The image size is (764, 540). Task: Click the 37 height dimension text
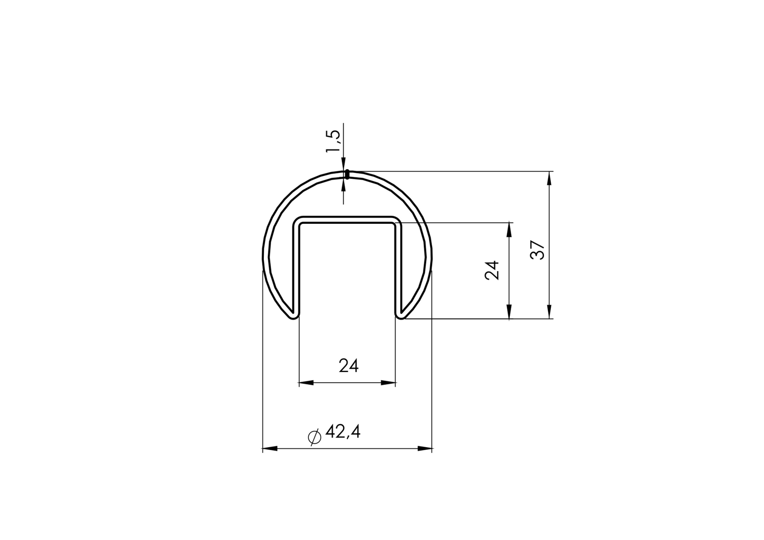pos(538,250)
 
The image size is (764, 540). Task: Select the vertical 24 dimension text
pos(492,270)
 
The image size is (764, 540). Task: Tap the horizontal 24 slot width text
pos(349,366)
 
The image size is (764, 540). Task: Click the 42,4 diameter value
pos(343,432)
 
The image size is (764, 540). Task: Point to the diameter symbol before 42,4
pos(314,437)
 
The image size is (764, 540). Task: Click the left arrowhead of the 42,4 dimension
pos(270,449)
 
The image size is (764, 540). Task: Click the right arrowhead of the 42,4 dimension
pos(425,449)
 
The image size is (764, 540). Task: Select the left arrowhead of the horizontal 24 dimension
pos(306,383)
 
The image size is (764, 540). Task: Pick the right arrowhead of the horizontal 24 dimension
pos(388,383)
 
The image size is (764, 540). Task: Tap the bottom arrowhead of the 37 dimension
pos(549,312)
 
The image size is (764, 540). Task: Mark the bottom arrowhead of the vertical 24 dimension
pos(509,312)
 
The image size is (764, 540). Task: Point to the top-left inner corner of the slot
pos(301,224)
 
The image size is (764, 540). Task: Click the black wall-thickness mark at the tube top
pos(347,174)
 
